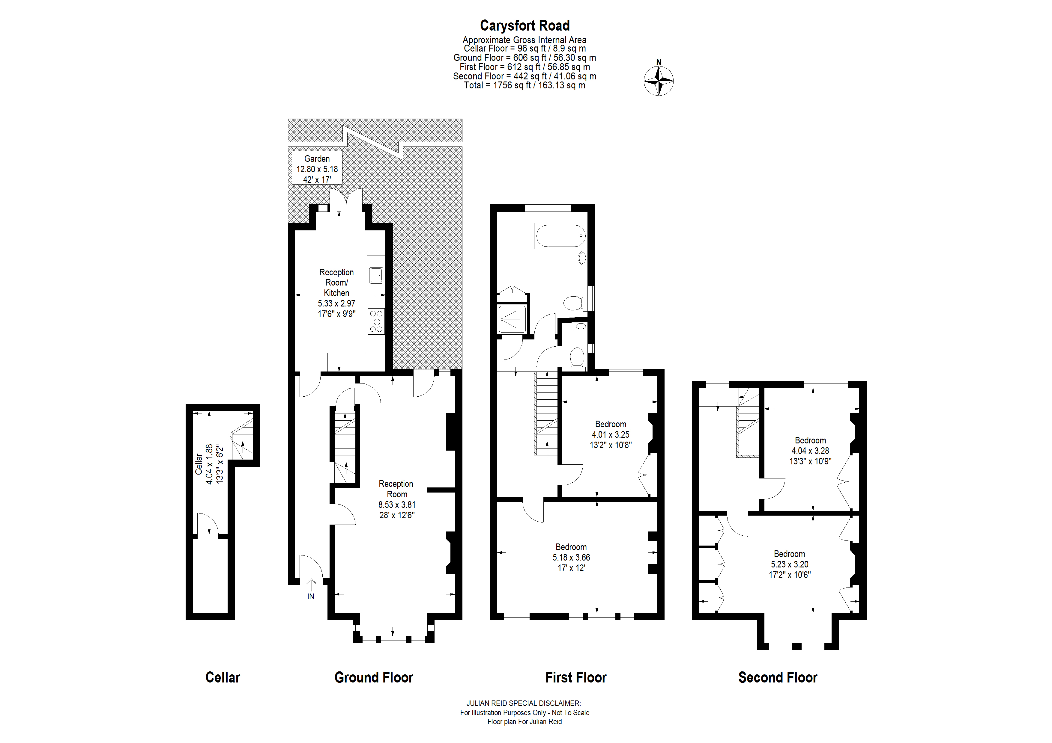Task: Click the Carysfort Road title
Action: pos(525,26)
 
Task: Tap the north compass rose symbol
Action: pos(659,81)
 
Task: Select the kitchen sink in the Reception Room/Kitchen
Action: pos(376,275)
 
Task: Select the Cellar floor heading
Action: pos(223,677)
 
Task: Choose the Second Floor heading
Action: pos(778,677)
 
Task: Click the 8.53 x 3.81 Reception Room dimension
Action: pos(397,505)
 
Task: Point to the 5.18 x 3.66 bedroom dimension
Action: pos(571,558)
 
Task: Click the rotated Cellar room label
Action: pos(199,464)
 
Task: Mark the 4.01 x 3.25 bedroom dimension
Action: pos(610,434)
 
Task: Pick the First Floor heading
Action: pos(575,677)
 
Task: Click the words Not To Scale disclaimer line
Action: pos(525,712)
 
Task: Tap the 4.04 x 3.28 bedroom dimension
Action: pos(810,451)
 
